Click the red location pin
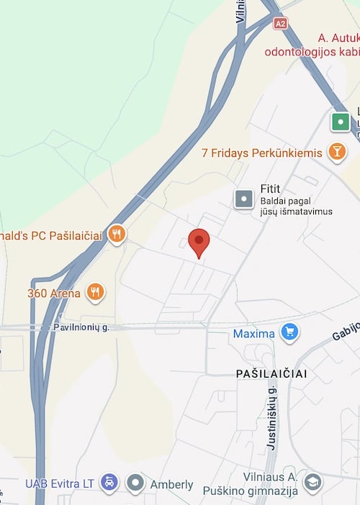pos(199,242)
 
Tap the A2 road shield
pos(280,23)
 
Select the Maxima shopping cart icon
pos(289,332)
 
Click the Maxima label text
pos(253,334)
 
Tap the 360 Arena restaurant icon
pos(95,292)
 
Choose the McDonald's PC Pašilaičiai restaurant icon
pos(116,234)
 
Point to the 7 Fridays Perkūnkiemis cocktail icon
pos(336,152)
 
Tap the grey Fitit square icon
pos(244,199)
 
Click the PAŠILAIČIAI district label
pos(271,373)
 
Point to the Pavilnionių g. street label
pos(81,327)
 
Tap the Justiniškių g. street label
pos(272,418)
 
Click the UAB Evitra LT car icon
pos(108,483)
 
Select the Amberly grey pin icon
pos(135,483)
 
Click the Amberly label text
pos(171,484)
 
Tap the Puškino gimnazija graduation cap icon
pos(312,482)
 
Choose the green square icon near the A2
pos(341,122)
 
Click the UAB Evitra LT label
pos(60,484)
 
